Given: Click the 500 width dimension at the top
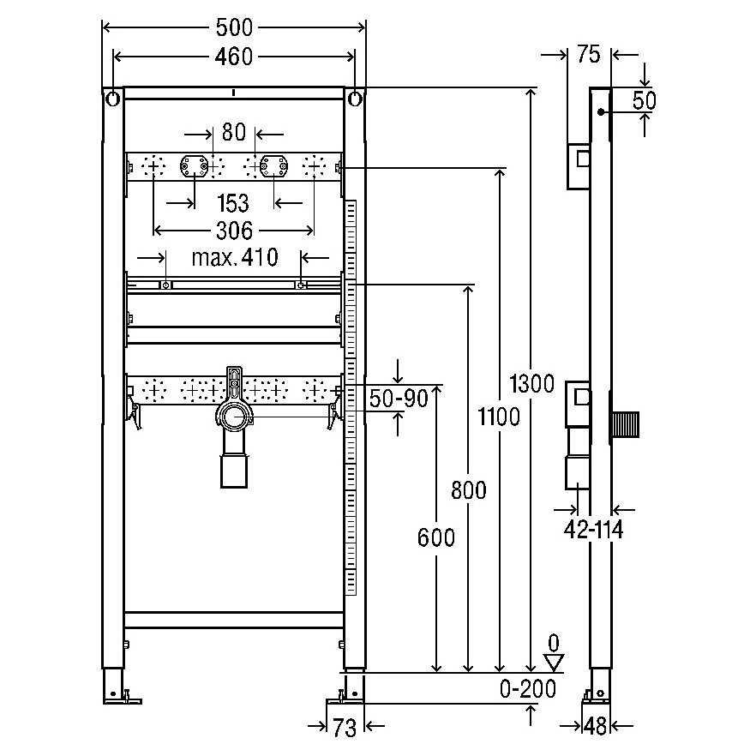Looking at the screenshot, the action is click(234, 27).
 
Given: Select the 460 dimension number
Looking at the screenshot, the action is click(234, 57).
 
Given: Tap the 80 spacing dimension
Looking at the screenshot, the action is click(234, 132).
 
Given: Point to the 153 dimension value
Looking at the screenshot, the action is click(233, 203).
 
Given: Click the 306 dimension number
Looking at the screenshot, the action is click(234, 231).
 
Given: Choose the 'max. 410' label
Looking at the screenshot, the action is click(235, 257).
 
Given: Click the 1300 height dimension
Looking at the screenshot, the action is click(532, 384).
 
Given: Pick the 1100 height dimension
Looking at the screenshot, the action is click(499, 417).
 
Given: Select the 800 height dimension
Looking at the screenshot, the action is click(469, 490).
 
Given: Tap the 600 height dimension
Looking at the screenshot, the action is click(436, 537).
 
